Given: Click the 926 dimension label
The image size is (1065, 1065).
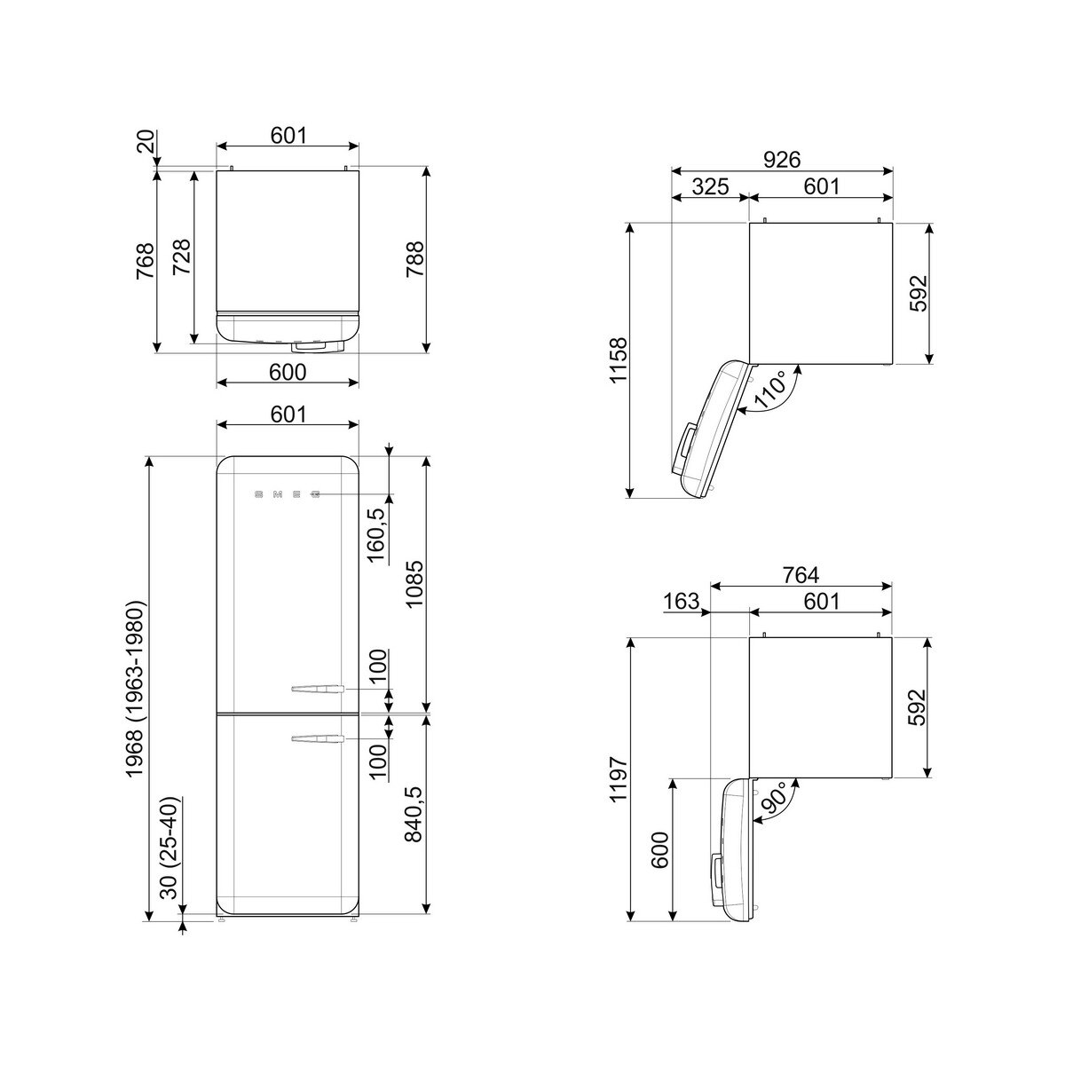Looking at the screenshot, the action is click(x=782, y=160).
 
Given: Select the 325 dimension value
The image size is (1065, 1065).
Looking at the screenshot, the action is click(x=710, y=186).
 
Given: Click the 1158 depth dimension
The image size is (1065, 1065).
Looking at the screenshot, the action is click(x=619, y=359).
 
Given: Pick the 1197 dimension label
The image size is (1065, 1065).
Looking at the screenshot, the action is click(x=619, y=779).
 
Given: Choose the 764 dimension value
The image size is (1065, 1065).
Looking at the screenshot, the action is click(x=801, y=575).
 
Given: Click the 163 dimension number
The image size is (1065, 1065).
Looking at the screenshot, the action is click(x=681, y=601).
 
